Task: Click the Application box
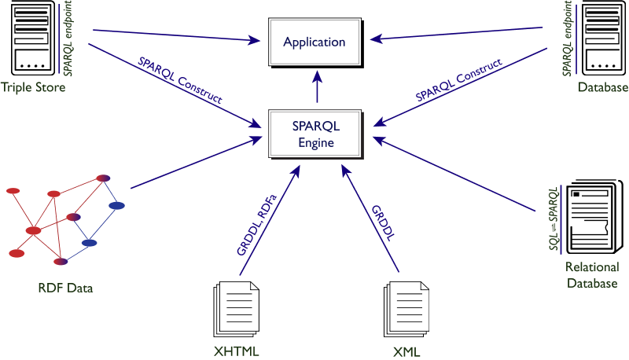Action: pyautogui.click(x=314, y=42)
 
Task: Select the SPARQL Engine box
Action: pyautogui.click(x=314, y=134)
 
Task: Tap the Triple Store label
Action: pyautogui.click(x=33, y=87)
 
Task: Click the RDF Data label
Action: pyautogui.click(x=66, y=288)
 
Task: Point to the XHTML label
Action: pyautogui.click(x=236, y=350)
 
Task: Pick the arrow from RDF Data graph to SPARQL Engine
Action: pyautogui.click(x=197, y=164)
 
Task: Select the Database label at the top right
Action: pyautogui.click(x=603, y=87)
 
